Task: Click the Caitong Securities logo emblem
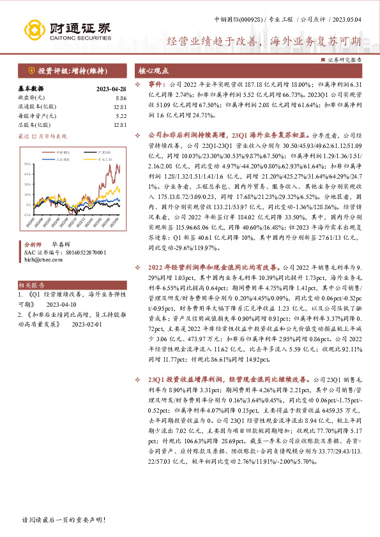33,29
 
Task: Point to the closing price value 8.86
121,98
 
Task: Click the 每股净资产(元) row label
36,115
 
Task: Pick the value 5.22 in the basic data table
121,115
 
